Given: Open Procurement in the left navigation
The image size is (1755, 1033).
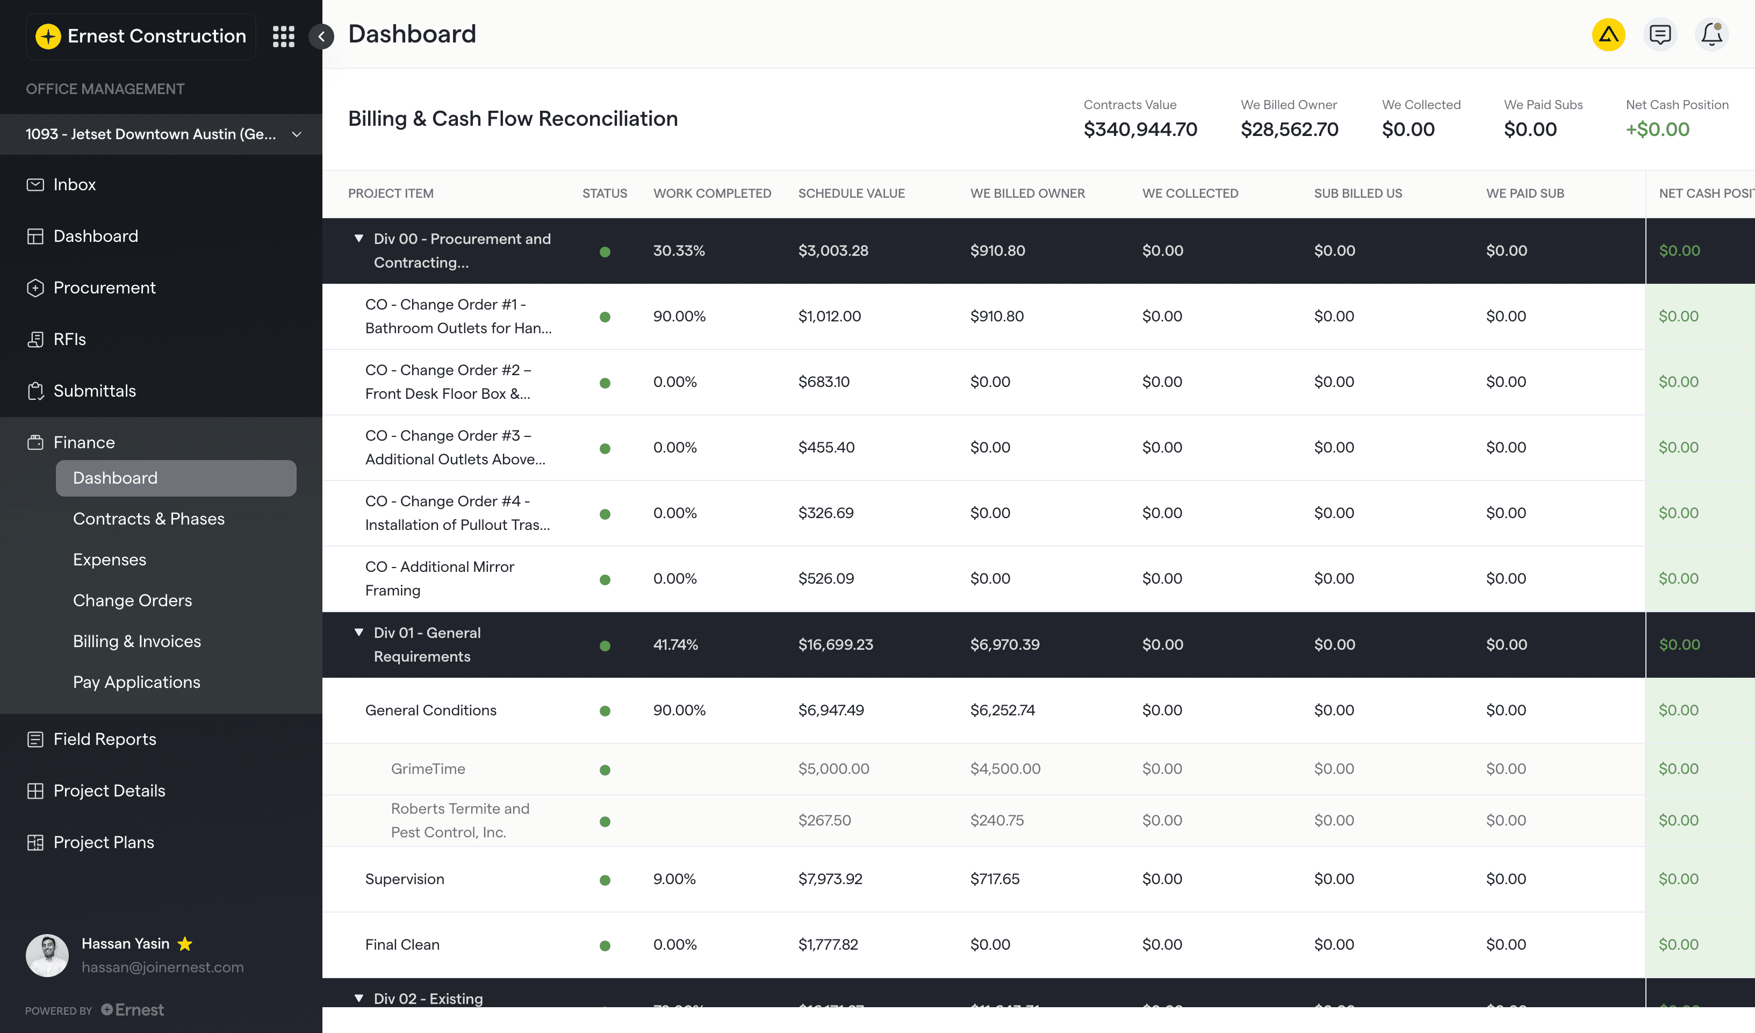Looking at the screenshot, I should pyautogui.click(x=104, y=288).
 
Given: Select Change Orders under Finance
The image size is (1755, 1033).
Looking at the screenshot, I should pyautogui.click(x=132, y=600).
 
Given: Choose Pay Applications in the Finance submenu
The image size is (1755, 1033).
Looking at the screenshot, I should pyautogui.click(x=136, y=682).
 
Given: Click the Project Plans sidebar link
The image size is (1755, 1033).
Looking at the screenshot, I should pyautogui.click(x=103, y=842).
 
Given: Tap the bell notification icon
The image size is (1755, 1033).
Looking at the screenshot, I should pyautogui.click(x=1711, y=34).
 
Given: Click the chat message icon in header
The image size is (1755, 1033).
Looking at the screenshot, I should pyautogui.click(x=1659, y=34).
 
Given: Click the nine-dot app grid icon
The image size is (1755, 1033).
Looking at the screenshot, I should pyautogui.click(x=283, y=36).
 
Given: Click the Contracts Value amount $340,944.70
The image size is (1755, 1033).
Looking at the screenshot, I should pyautogui.click(x=1140, y=130).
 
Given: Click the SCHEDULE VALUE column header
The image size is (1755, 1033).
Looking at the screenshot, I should pyautogui.click(x=851, y=193).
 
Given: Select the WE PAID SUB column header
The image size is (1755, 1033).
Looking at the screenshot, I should pyautogui.click(x=1524, y=193).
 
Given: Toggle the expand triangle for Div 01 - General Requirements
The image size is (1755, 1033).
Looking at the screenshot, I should pyautogui.click(x=358, y=633).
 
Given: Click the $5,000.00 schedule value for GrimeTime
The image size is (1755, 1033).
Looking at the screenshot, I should pyautogui.click(x=833, y=769).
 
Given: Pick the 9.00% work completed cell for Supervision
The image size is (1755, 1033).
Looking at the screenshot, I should pyautogui.click(x=674, y=879).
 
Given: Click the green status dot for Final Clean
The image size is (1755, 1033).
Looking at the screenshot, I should pyautogui.click(x=605, y=945).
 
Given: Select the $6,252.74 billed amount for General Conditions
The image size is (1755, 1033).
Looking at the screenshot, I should pyautogui.click(x=1002, y=711).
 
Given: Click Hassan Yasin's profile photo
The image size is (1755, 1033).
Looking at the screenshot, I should pyautogui.click(x=47, y=955).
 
